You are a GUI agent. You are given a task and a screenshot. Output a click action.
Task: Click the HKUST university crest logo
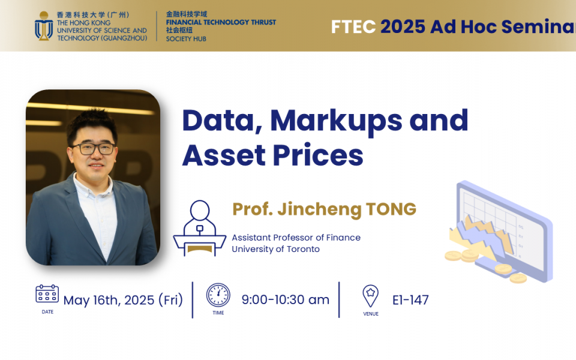click(44, 26)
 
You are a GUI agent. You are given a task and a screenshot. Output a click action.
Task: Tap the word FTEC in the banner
click(353, 26)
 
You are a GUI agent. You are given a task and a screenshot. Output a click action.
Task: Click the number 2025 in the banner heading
click(403, 26)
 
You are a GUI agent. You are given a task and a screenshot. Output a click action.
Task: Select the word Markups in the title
click(336, 120)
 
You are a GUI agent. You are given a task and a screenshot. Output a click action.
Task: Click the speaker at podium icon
click(199, 228)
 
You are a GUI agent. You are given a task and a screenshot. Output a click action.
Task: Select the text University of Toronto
click(275, 249)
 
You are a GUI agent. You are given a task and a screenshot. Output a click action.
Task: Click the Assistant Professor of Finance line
click(296, 238)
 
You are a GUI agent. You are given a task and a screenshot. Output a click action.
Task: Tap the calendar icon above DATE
click(47, 294)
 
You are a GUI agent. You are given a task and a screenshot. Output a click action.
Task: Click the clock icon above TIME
click(218, 295)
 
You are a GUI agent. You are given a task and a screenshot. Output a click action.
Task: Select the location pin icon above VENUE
click(370, 295)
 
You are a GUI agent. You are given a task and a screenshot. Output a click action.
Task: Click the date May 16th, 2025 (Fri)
click(123, 300)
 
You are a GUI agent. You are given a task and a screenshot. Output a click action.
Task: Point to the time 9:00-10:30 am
click(286, 299)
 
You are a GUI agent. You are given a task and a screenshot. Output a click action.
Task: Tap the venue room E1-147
click(410, 300)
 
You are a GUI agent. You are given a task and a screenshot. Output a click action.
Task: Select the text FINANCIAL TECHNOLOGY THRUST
click(221, 22)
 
